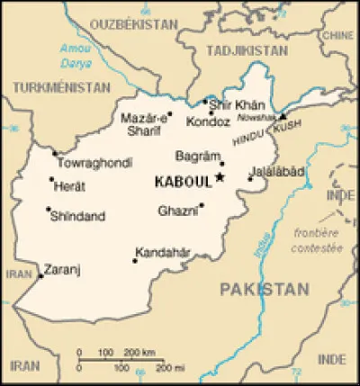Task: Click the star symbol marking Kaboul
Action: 220,178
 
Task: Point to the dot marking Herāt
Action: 50,179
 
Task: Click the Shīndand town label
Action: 78,216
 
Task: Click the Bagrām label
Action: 198,156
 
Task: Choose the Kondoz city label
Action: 206,121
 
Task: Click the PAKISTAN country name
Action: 263,288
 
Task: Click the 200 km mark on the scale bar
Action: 135,353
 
